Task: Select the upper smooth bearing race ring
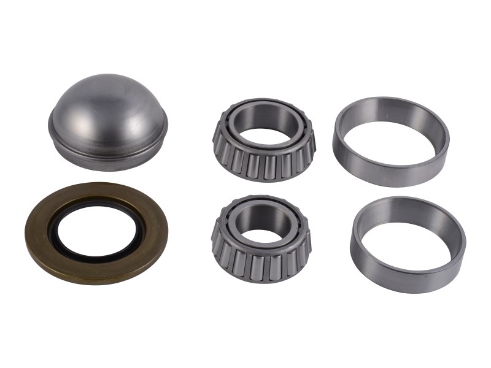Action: (391, 161)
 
